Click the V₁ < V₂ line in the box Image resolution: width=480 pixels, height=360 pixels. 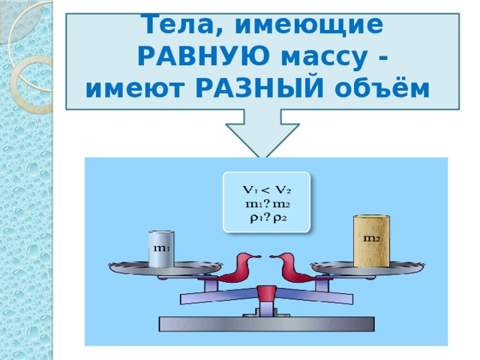(x=267, y=188)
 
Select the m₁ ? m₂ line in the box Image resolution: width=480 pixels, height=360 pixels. (x=267, y=203)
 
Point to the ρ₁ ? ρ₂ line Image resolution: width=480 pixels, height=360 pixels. (x=267, y=217)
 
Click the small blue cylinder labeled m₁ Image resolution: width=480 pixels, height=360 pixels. (x=161, y=247)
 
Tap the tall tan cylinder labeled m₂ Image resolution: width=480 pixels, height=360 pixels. (x=371, y=240)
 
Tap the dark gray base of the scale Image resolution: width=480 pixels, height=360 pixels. (x=266, y=323)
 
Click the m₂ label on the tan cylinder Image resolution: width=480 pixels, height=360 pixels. (x=370, y=238)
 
